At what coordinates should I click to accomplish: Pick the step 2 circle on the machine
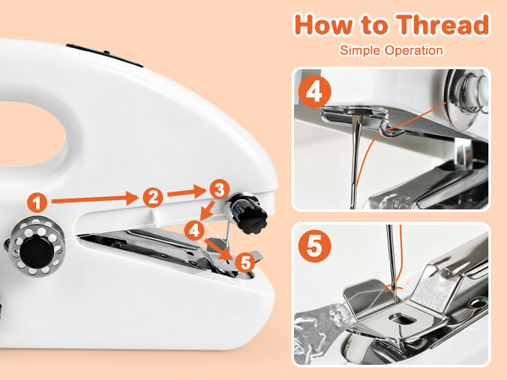tap(152, 197)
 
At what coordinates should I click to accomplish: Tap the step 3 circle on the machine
tap(219, 187)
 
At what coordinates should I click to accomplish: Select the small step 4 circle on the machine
tap(194, 229)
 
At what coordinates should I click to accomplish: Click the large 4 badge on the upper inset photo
tap(314, 92)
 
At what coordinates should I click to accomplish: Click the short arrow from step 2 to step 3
tap(185, 193)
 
